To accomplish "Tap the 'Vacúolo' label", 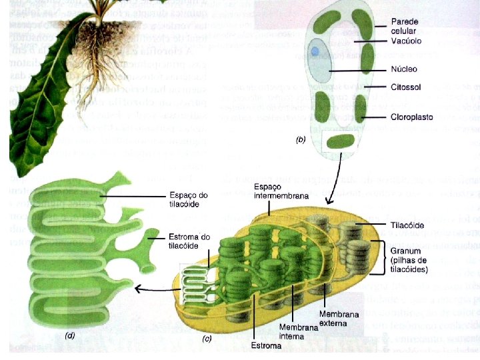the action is [405, 41].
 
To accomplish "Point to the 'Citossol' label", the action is [406, 87].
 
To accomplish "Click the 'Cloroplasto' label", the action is [411, 117].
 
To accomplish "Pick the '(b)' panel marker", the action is [301, 141].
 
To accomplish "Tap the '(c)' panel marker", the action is [207, 338].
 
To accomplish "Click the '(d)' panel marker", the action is [69, 336].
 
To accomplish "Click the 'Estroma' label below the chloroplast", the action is [261, 345].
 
